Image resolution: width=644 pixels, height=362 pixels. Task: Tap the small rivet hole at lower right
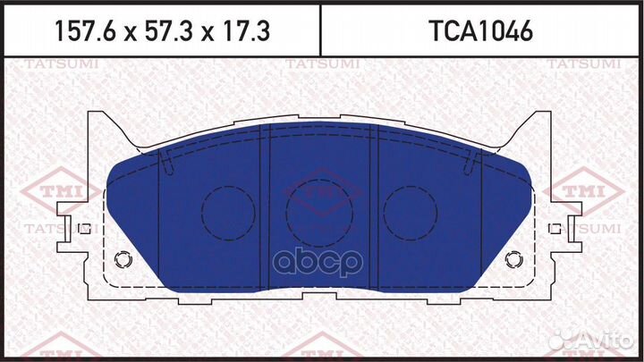click(513, 260)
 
